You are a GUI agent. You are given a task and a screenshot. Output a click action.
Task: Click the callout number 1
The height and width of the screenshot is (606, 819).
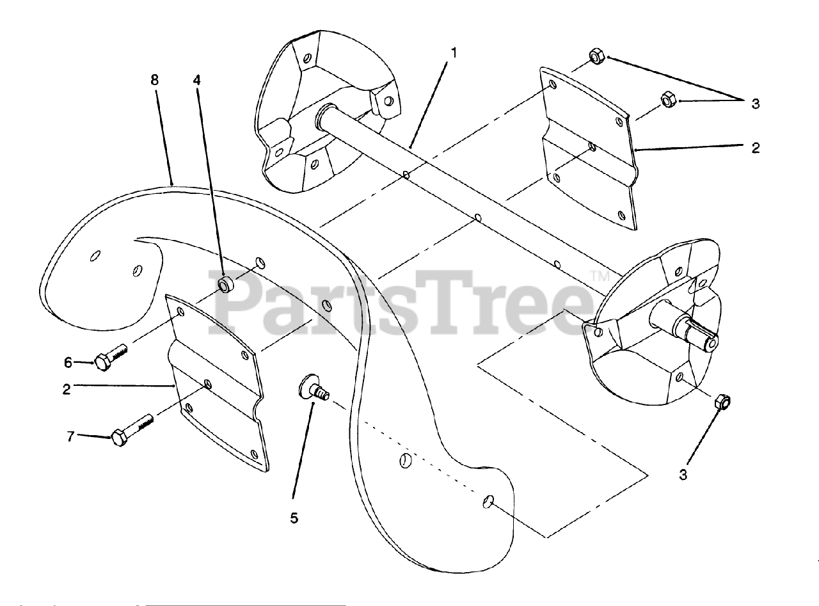point(454,52)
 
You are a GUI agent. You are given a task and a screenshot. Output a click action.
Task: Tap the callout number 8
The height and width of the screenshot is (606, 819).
point(154,80)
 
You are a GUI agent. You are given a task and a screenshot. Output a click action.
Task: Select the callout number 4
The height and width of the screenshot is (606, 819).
point(197,80)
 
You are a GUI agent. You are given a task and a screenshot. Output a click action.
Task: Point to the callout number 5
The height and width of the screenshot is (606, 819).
point(294,518)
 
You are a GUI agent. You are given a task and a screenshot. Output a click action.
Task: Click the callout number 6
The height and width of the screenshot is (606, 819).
point(68,362)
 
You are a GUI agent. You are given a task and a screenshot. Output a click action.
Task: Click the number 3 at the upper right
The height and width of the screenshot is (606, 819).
point(756,104)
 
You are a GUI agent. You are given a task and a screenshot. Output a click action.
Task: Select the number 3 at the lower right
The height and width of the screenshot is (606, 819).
point(683,475)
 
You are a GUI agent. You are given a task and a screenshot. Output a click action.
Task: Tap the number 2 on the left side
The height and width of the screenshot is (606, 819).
point(67,389)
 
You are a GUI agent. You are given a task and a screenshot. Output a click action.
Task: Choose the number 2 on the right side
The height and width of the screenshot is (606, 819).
point(756,148)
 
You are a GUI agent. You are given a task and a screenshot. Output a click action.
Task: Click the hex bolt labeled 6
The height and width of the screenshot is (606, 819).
point(113,358)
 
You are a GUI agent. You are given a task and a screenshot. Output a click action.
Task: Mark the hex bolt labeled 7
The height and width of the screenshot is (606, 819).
point(132,431)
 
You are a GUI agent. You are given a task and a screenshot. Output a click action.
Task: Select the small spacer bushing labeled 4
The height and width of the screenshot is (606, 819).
point(226,283)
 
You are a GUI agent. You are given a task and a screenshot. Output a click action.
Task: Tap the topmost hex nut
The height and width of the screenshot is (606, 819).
point(596,57)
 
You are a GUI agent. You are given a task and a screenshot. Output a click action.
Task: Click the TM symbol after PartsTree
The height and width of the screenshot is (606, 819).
point(599,276)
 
